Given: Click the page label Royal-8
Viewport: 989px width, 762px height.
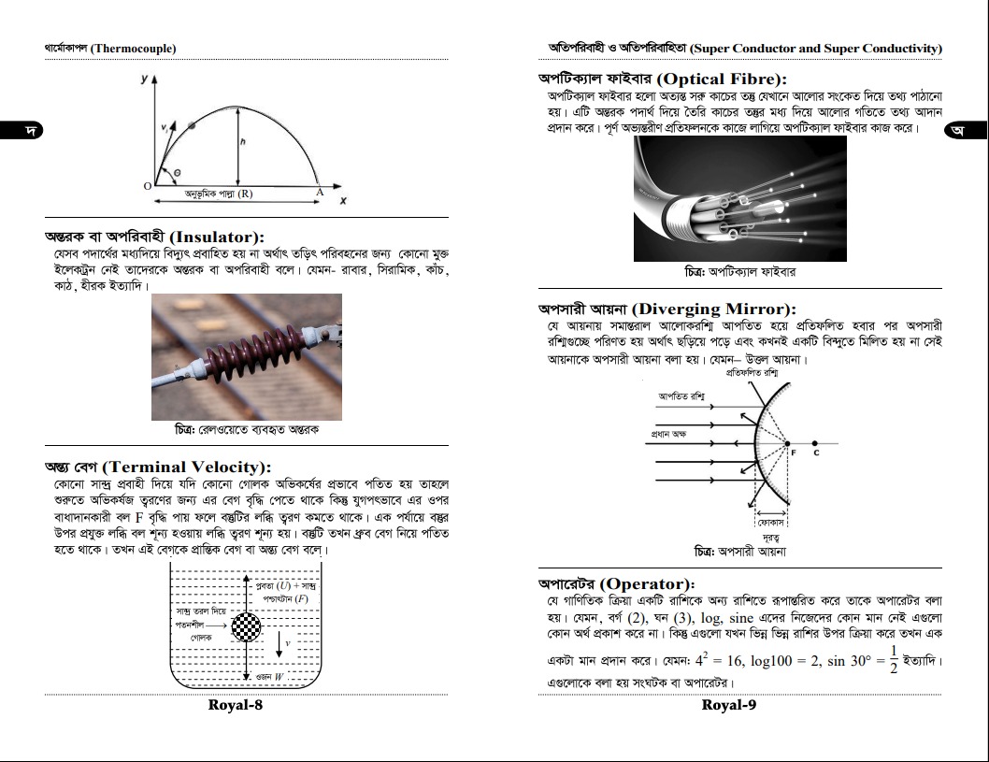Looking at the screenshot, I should pyautogui.click(x=235, y=705).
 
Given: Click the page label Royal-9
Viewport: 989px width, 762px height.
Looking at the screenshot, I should pyautogui.click(x=728, y=705).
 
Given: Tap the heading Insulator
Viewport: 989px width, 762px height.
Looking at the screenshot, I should pyautogui.click(x=155, y=237).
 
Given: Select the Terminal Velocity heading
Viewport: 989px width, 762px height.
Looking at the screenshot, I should pyautogui.click(x=159, y=467).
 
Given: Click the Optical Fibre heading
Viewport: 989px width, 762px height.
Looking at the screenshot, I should pyautogui.click(x=662, y=79).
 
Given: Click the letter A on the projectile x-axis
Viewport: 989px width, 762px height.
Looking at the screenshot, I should pyautogui.click(x=319, y=190).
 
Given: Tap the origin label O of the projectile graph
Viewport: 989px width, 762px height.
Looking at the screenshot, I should pyautogui.click(x=147, y=186).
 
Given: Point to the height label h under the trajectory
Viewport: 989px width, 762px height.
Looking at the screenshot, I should pyautogui.click(x=242, y=142).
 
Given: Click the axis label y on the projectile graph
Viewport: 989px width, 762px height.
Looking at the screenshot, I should pyautogui.click(x=144, y=80).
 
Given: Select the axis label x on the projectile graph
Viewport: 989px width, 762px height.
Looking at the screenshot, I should pyautogui.click(x=343, y=201).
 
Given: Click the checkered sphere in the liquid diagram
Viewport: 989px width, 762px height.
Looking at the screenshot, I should pyautogui.click(x=246, y=625).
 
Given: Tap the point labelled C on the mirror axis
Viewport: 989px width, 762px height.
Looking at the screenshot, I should pyautogui.click(x=816, y=452).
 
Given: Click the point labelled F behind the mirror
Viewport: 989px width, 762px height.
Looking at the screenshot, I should pyautogui.click(x=794, y=452).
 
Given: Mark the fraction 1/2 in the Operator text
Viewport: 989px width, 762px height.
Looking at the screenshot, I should pyautogui.click(x=893, y=657).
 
